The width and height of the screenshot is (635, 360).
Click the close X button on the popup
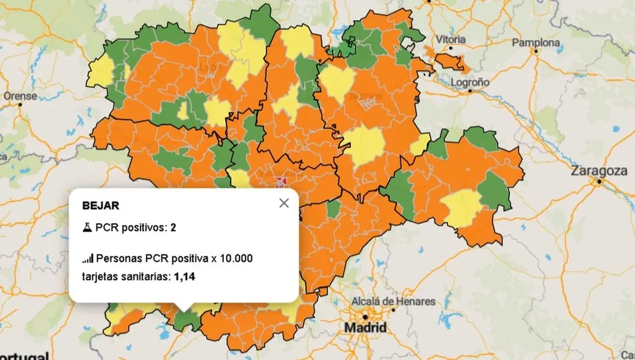[x=283, y=203]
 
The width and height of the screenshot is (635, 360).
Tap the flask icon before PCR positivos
[x=87, y=228]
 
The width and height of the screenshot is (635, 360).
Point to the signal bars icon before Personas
[x=88, y=258]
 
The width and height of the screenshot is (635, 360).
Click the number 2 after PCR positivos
[x=173, y=228]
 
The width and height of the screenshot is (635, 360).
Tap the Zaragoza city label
[x=599, y=171]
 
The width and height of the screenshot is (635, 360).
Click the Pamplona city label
[x=536, y=43]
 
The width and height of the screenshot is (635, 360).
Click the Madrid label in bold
[x=365, y=328]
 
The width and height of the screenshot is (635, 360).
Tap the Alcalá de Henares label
[x=398, y=302]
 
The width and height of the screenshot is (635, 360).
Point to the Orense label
[x=20, y=96]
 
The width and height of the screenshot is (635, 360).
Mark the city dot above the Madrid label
[x=365, y=316]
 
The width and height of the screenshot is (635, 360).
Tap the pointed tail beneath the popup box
[x=184, y=308]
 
